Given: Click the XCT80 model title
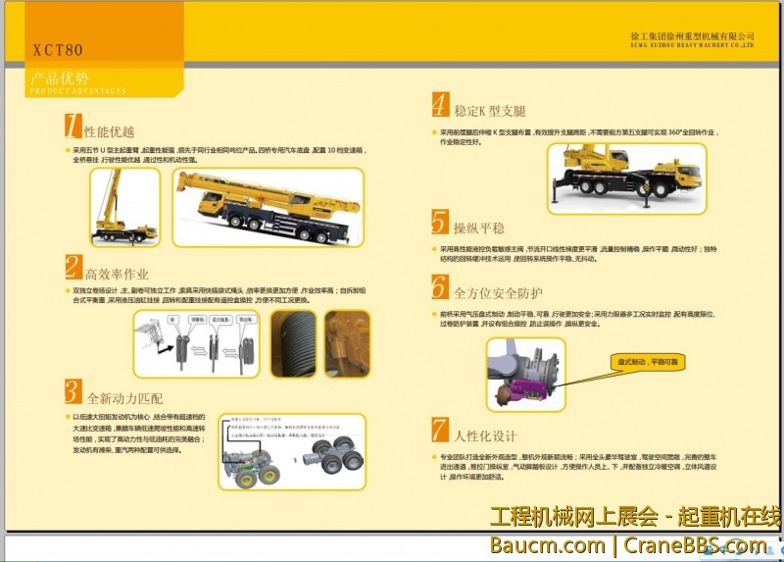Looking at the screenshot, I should click(58, 50).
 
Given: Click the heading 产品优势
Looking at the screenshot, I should click(60, 77).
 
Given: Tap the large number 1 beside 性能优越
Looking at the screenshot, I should click(72, 126).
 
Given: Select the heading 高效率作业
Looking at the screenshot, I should click(117, 274).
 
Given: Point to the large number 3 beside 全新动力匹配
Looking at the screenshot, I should click(73, 391).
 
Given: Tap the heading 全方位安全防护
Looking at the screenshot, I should click(498, 292).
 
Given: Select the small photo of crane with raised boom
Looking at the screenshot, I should click(124, 207).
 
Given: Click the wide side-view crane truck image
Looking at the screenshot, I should click(268, 207).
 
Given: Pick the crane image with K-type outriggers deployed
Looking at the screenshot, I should click(626, 176).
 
